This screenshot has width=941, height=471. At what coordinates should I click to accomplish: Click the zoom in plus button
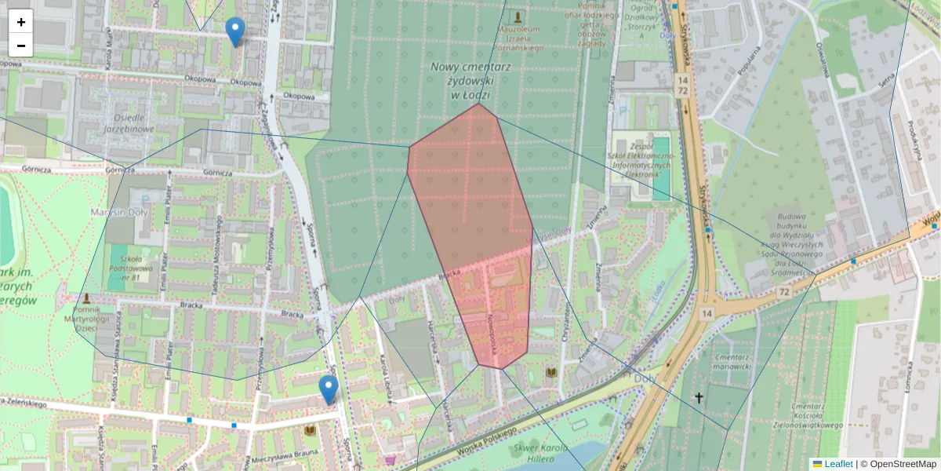(21, 22)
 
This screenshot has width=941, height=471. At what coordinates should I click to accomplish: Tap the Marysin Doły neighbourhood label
(120, 212)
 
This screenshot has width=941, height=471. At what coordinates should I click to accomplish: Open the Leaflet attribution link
(837, 464)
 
